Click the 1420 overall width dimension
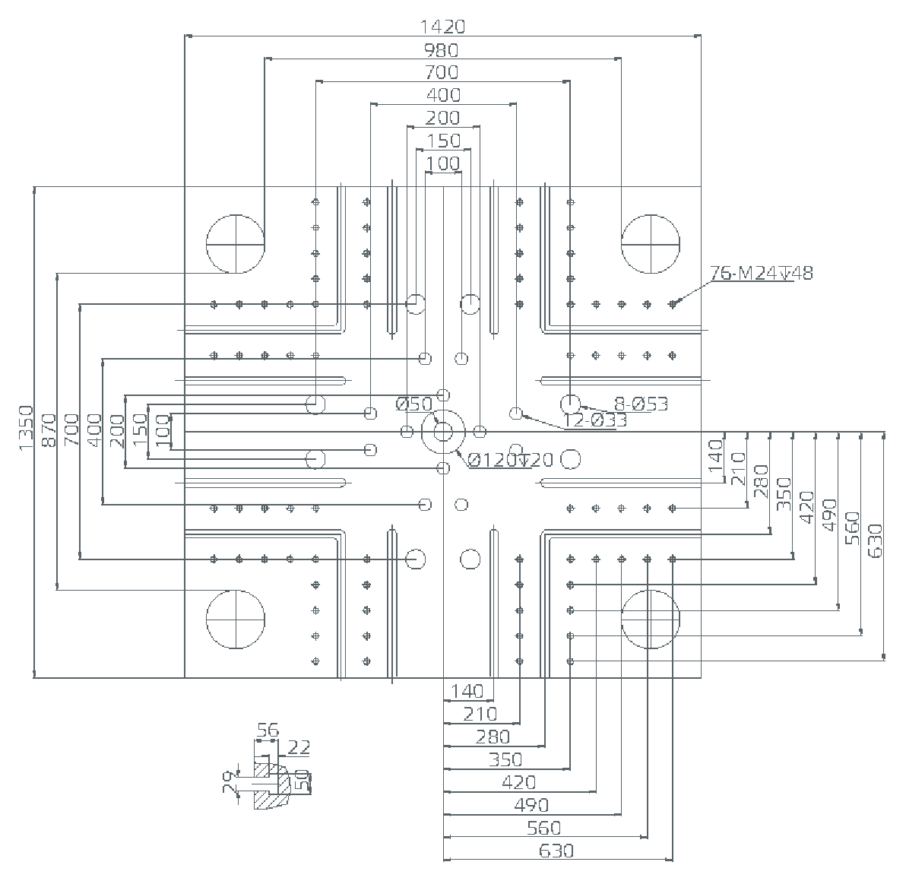442,27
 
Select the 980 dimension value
442,50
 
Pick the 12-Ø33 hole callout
595,420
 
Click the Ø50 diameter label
414,404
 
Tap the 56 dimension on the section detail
267,730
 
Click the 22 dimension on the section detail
299,748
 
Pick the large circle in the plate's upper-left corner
236,243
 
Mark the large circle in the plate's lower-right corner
651,620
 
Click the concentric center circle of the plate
443,432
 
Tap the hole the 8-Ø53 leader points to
570,404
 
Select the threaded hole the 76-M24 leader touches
672,304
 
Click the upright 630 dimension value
556,851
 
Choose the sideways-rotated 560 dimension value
852,527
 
